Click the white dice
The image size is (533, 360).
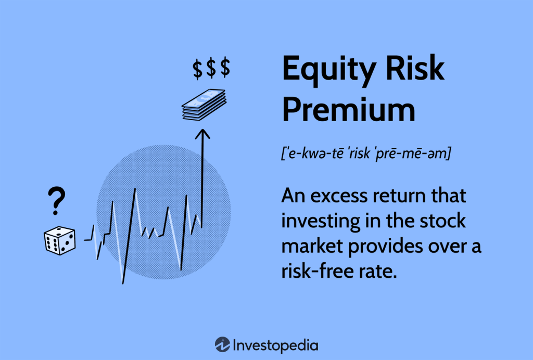point(59,240)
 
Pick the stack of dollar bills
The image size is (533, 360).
point(204,105)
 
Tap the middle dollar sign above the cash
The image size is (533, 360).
point(211,69)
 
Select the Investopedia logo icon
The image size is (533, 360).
point(223,344)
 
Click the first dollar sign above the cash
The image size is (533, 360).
point(198,69)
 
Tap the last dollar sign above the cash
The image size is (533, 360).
point(224,69)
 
